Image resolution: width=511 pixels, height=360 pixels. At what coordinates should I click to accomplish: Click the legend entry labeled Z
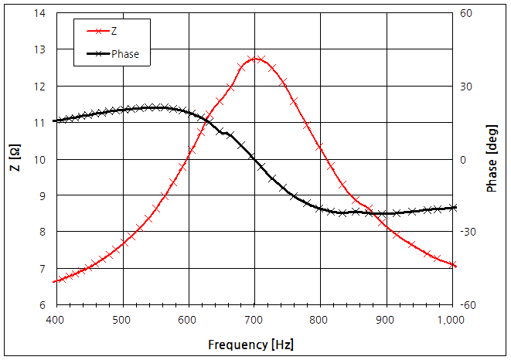[x=114, y=32]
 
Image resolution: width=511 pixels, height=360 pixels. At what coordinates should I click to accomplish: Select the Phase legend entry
[x=124, y=54]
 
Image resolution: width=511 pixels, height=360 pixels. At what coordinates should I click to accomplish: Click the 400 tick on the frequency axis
[x=54, y=319]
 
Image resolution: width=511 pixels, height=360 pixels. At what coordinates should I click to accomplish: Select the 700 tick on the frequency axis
[x=254, y=319]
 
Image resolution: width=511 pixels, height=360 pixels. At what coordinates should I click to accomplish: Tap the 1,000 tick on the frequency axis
[x=451, y=319]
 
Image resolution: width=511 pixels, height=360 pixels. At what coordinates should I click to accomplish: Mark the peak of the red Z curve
[x=254, y=58]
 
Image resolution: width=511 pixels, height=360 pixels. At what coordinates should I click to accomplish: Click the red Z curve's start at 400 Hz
[x=54, y=281]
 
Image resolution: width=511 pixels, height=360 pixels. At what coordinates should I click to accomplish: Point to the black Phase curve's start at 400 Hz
[x=54, y=121]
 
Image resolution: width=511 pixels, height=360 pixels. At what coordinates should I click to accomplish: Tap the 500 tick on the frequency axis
[x=121, y=319]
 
